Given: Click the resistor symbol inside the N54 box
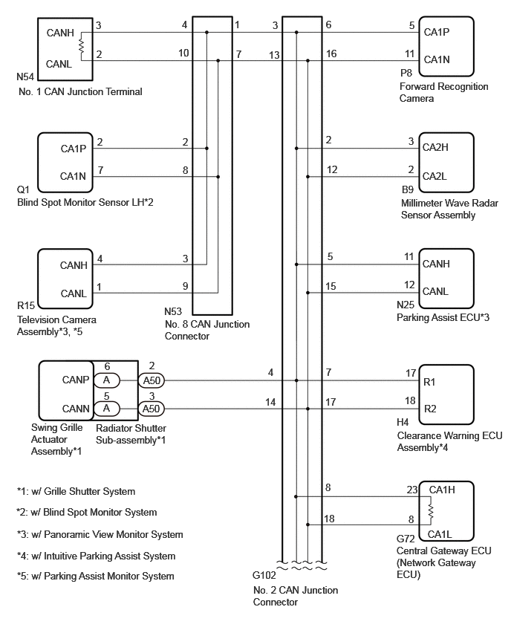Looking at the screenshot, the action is click(81, 46).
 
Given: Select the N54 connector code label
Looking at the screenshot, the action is click(25, 77).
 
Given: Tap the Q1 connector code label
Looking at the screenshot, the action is click(23, 189).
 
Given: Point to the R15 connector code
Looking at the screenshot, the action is click(25, 305).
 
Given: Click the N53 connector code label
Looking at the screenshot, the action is click(173, 311).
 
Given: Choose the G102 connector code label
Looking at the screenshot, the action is click(264, 575).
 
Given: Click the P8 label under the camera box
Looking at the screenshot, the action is click(406, 73).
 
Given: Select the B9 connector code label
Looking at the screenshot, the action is click(408, 189).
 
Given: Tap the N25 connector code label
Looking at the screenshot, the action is click(406, 305).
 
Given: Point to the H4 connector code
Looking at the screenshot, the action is click(403, 422).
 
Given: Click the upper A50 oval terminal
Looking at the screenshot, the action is click(152, 380).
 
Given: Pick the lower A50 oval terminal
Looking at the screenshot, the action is click(152, 409).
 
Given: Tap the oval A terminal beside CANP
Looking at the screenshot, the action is click(106, 380).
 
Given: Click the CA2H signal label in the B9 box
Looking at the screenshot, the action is click(435, 147).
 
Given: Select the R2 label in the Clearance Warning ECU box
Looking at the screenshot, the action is click(430, 409).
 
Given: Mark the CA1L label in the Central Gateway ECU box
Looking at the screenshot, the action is click(440, 534).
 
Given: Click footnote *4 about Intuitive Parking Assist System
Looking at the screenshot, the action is click(96, 556).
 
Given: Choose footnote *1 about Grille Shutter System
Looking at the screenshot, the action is click(76, 492).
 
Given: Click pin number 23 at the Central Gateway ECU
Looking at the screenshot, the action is click(411, 490).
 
